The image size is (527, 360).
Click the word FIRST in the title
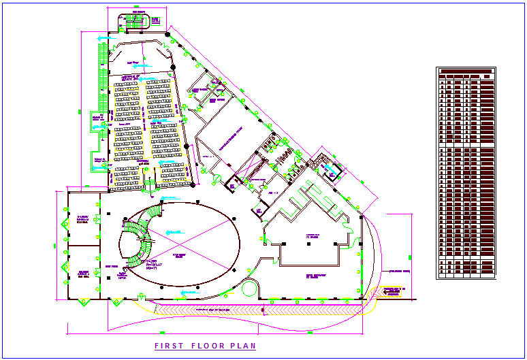click(166, 346)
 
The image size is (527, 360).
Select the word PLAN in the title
click(244, 346)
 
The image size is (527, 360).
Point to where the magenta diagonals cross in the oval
click(178, 243)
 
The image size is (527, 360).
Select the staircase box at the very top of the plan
click(138, 21)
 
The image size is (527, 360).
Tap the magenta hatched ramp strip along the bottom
click(259, 310)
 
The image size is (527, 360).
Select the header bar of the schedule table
click(466, 71)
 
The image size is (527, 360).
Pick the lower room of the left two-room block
click(83, 271)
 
